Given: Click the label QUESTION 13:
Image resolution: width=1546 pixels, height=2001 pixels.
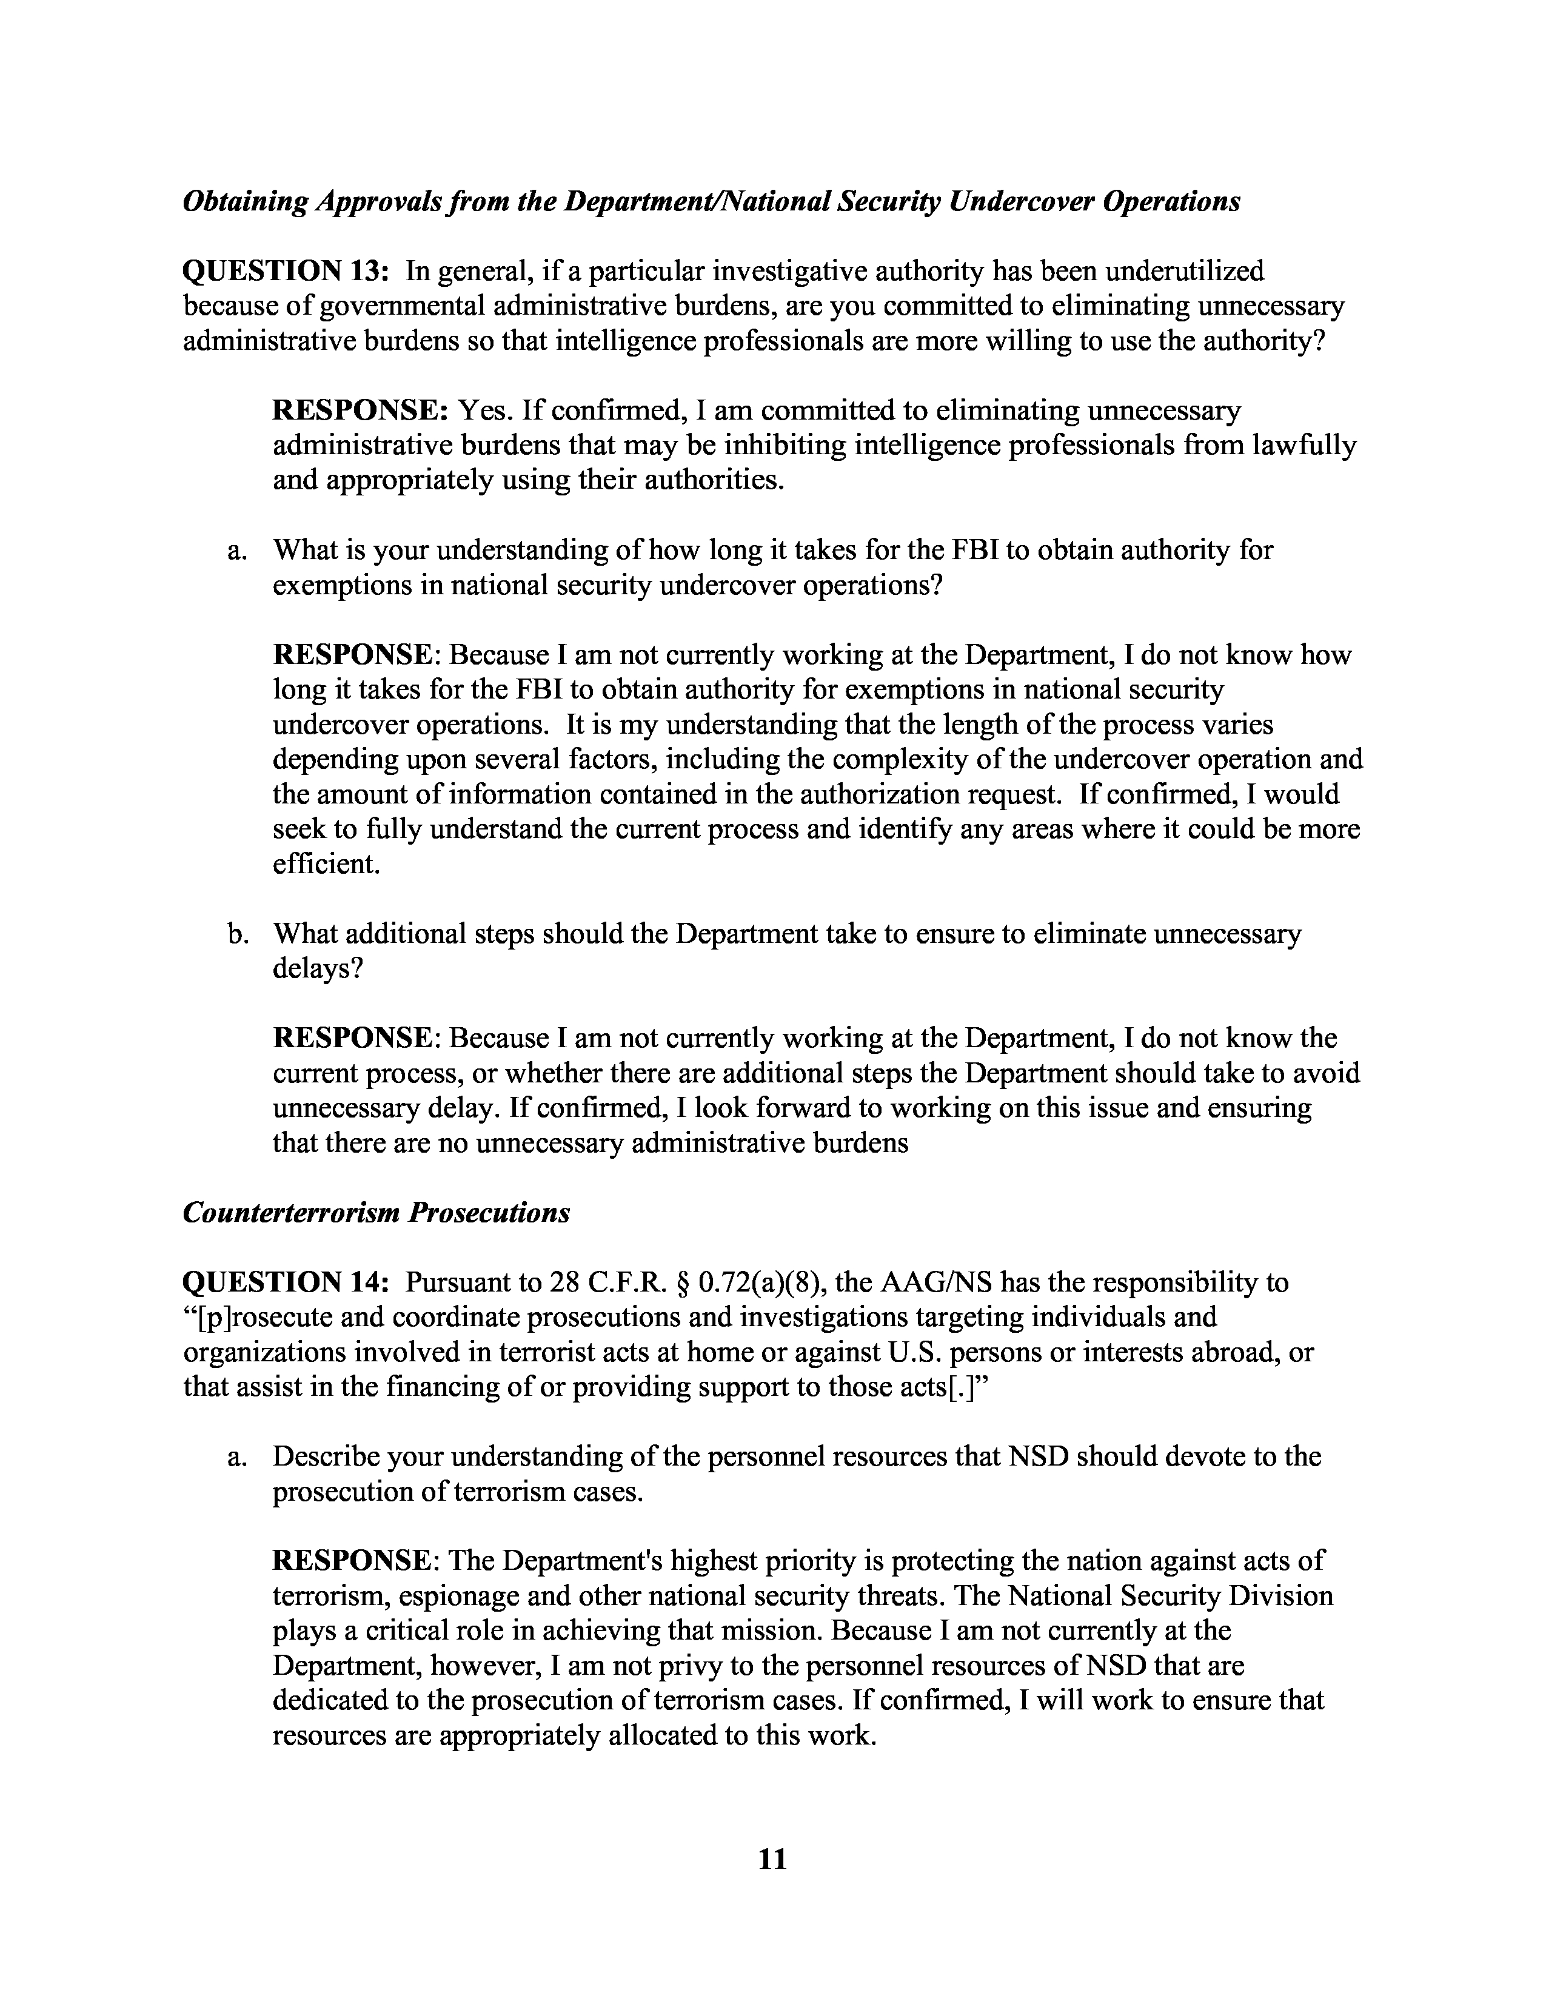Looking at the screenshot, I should [x=287, y=271].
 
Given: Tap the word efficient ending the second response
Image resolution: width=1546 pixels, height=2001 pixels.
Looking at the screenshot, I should [x=325, y=863].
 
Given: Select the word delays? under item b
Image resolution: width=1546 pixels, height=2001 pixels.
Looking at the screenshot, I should [x=318, y=968].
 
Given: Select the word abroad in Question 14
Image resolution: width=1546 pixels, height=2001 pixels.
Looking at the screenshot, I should [x=1231, y=1352].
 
